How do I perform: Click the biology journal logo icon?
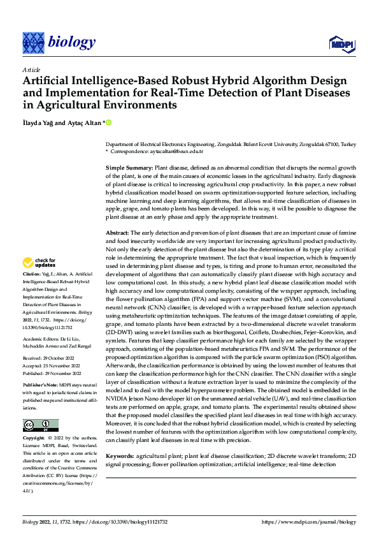tap(33, 42)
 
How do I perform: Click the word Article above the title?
tap(31, 70)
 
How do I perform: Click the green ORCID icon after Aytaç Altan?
tap(109, 122)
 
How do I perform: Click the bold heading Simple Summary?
tap(128, 166)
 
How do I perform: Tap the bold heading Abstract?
tap(118, 233)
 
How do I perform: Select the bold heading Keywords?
tap(120, 456)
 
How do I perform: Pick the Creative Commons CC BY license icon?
tap(40, 425)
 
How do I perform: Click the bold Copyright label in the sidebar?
tap(34, 439)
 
